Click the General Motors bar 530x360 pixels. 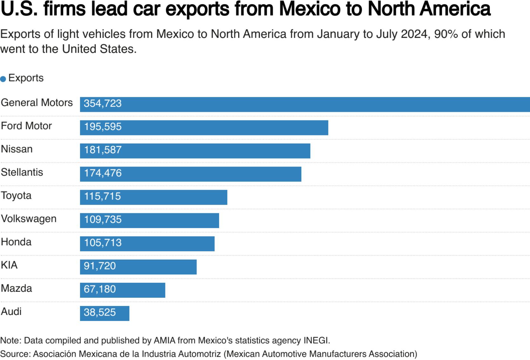[305, 104]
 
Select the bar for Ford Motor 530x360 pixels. [204, 127]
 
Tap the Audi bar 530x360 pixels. [104, 313]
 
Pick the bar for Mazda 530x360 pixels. [123, 290]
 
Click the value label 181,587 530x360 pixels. [103, 150]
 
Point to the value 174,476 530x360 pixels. [103, 173]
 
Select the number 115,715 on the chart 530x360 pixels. [102, 196]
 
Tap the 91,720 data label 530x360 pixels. [100, 266]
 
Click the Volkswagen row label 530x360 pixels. [29, 219]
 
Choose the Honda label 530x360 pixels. [16, 242]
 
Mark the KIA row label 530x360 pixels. [9, 265]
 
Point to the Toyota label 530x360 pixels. [16, 195]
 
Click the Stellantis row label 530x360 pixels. [22, 172]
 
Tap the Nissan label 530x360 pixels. [17, 149]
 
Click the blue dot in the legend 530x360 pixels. [3, 79]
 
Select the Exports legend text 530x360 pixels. [26, 78]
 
